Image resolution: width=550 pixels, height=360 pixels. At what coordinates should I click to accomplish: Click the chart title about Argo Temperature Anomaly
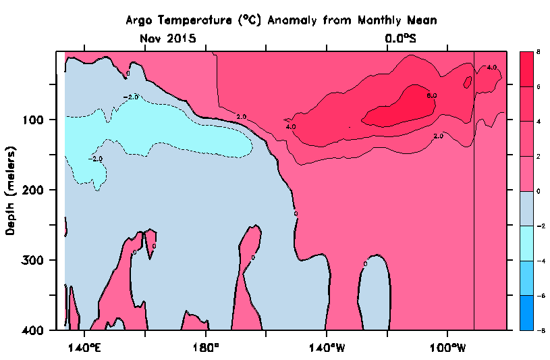[x=281, y=20]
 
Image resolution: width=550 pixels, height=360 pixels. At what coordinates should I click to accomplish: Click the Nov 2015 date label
[x=168, y=38]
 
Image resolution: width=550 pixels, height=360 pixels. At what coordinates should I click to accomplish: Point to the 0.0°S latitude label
[x=401, y=38]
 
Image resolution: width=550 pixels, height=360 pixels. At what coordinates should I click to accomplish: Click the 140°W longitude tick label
[x=327, y=348]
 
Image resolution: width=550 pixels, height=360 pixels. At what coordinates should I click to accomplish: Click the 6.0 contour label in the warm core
[x=432, y=96]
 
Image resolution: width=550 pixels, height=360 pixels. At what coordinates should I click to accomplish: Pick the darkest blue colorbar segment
[x=526, y=313]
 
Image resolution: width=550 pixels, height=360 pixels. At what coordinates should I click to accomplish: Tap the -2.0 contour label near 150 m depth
[x=97, y=159]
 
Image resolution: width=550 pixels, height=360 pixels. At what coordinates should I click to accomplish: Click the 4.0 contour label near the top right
[x=491, y=68]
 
